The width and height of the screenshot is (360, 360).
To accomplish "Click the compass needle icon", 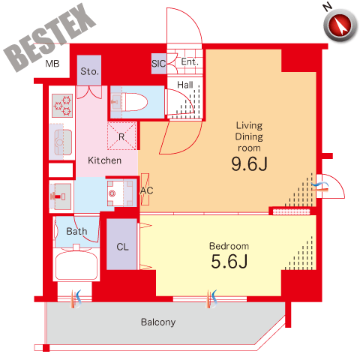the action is tap(340, 25).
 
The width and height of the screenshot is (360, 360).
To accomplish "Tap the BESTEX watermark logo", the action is tap(49, 37).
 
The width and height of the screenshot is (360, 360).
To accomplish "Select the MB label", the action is tap(52, 64).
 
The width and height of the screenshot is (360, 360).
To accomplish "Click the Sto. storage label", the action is tap(89, 71).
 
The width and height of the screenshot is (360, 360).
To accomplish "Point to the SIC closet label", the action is tap(158, 64).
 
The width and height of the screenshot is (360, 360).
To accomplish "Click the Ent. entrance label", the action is tap(190, 61).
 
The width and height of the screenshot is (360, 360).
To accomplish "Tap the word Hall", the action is tap(185, 85).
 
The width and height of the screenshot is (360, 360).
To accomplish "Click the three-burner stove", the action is tap(62, 106).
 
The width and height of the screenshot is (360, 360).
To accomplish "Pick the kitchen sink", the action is tap(63, 142).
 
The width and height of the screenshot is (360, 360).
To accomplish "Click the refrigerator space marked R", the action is tap(121, 136).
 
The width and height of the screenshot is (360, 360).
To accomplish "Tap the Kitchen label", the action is tap(104, 160).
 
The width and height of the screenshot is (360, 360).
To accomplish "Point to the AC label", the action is tap(146, 190).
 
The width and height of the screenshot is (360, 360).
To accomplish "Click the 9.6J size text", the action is tap(249, 164).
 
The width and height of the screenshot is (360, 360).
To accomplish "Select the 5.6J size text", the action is tap(229, 262).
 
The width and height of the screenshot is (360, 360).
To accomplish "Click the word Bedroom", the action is tap(229, 246).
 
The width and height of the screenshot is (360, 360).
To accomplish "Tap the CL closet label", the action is tap(122, 247).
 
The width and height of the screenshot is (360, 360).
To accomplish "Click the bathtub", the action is tap(76, 265).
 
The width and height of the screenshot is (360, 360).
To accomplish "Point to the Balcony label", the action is tap(158, 322).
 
